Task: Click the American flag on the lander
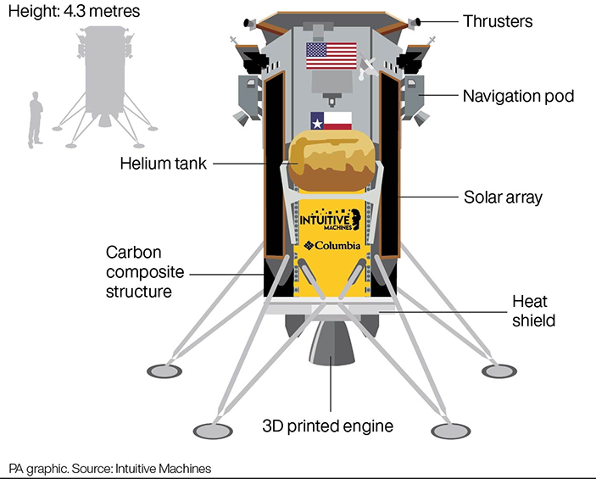331,56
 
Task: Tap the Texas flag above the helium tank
331,120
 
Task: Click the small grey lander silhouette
103,76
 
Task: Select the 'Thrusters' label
498,21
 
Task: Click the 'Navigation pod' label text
518,95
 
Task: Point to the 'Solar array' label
503,198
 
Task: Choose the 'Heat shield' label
534,310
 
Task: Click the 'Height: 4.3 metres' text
75,14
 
